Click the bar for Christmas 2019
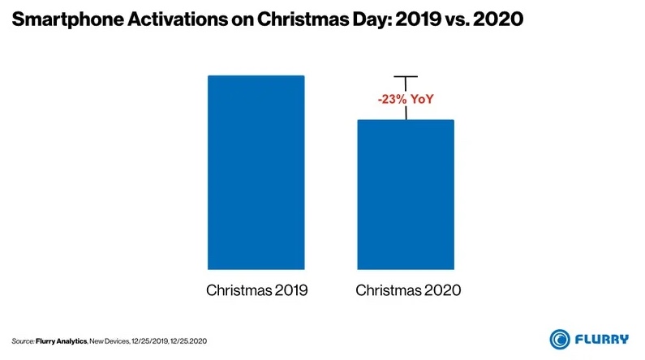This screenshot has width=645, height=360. (x=256, y=172)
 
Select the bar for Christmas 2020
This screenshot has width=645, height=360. (x=406, y=195)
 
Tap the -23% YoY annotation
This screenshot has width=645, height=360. (x=405, y=100)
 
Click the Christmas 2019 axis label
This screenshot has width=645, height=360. (x=256, y=290)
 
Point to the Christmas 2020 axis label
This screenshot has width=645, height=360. (x=406, y=290)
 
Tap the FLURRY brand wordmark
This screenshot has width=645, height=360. (x=604, y=338)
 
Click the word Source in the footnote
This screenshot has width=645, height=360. (x=23, y=339)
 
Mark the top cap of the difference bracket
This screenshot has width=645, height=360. (x=406, y=77)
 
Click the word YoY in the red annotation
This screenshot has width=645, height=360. (x=420, y=100)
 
